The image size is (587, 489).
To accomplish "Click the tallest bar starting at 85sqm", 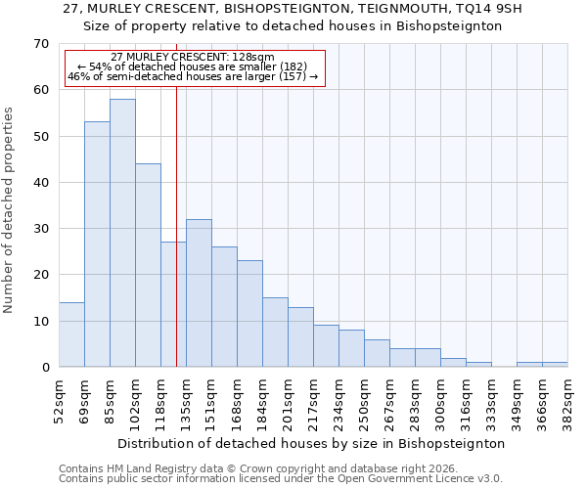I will tap(122, 233).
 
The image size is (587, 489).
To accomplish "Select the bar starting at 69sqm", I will tap(97, 244).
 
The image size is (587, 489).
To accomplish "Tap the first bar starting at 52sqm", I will tap(71, 334).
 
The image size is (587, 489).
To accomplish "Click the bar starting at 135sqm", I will tap(199, 293).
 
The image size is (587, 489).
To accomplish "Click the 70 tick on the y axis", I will tap(41, 44).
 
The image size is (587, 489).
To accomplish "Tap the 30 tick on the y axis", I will tap(41, 229).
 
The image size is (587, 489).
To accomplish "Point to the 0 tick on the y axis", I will tap(45, 368).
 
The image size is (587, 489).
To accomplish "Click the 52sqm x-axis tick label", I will tap(59, 401).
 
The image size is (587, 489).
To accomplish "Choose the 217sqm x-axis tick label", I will tap(313, 401).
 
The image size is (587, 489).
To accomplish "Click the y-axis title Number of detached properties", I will tap(10, 210).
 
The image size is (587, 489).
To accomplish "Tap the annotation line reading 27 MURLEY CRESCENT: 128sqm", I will tap(193, 58).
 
